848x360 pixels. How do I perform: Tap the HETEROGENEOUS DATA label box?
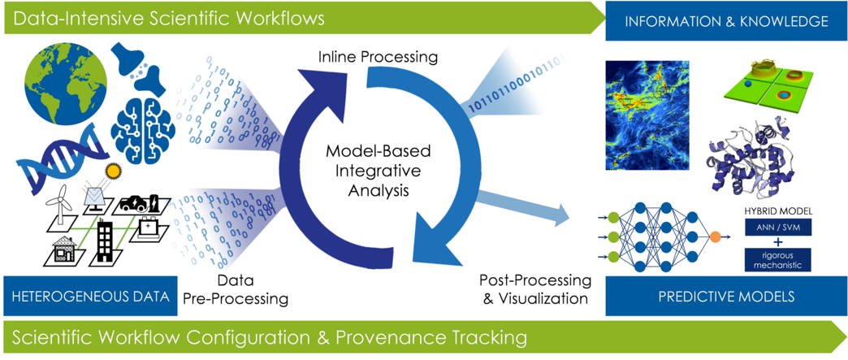pyautogui.click(x=89, y=297)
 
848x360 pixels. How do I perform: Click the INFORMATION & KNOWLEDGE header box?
pyautogui.click(x=726, y=20)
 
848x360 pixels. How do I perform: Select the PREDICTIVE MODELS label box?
pyautogui.click(x=726, y=297)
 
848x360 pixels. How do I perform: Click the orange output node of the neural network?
pyautogui.click(x=714, y=239)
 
